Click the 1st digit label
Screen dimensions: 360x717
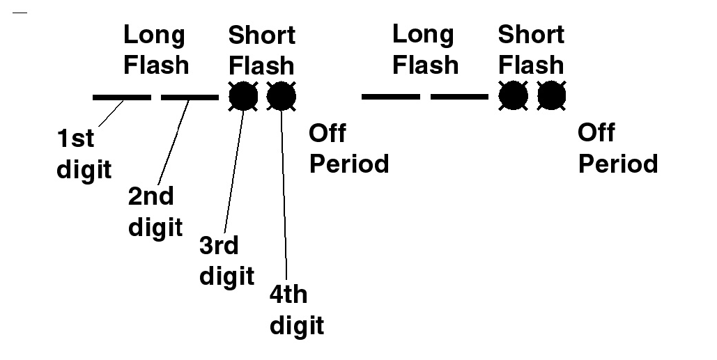(84, 154)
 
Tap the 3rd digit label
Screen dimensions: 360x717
(226, 261)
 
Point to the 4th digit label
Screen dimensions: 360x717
(296, 310)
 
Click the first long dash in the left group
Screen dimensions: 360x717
(121, 97)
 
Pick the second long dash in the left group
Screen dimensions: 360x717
(190, 97)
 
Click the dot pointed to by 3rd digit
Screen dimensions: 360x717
(243, 97)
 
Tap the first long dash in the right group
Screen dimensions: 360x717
(390, 97)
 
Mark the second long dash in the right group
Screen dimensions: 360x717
(459, 97)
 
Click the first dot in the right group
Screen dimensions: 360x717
(514, 97)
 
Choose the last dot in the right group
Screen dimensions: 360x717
(551, 97)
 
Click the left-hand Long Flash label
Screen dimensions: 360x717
(155, 49)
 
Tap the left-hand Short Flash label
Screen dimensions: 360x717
(262, 50)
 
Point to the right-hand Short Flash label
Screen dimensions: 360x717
(531, 49)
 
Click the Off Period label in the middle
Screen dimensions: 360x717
(348, 148)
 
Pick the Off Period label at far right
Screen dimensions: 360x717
(618, 148)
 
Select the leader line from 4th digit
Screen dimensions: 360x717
(284, 195)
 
